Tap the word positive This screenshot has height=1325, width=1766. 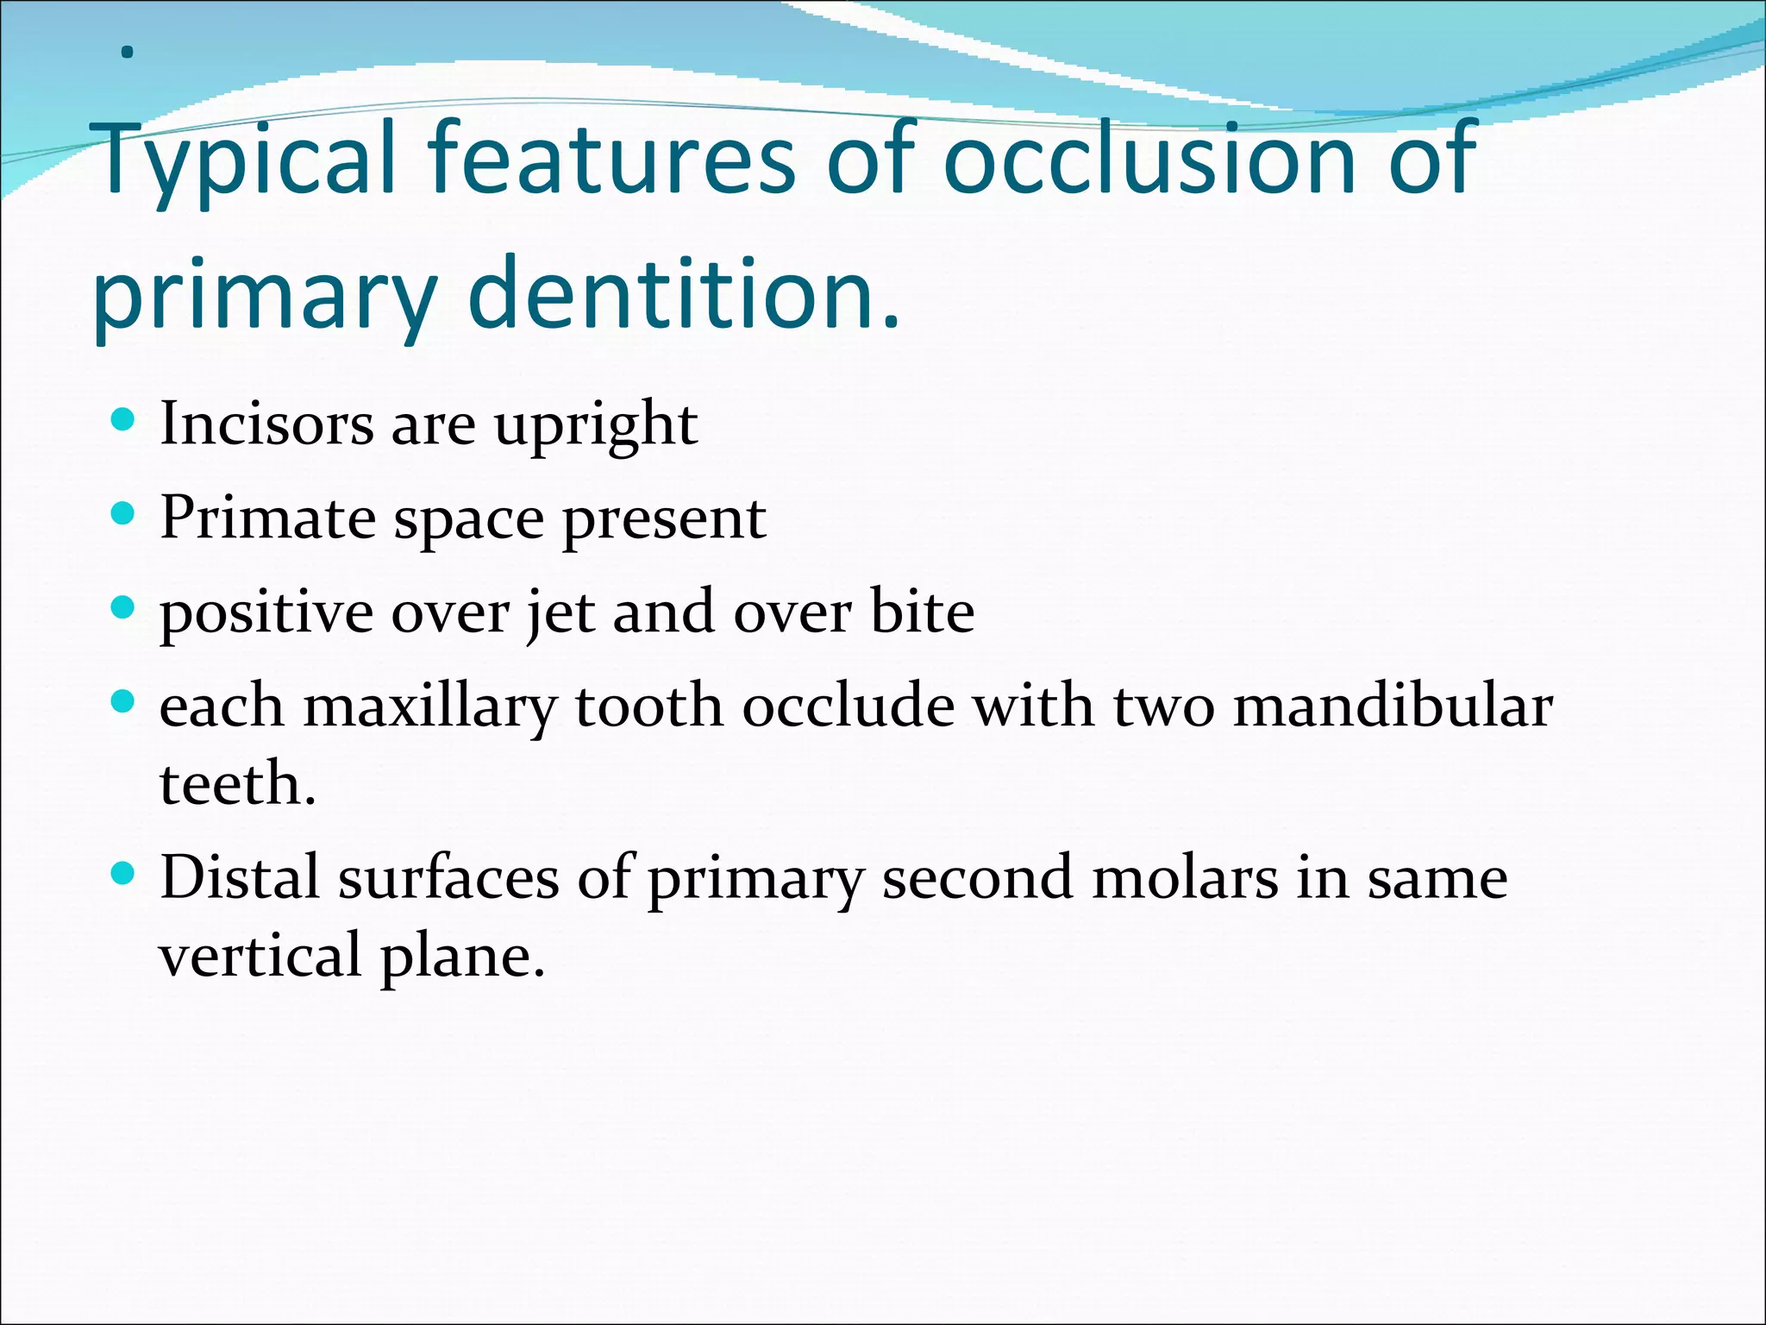(x=266, y=612)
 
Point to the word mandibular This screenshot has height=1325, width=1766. (x=1393, y=706)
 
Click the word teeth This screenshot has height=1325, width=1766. (x=237, y=784)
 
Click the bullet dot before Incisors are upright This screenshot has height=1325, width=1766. (x=124, y=420)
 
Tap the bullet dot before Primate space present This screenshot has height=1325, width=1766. (x=124, y=515)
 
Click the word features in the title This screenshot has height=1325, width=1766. (x=611, y=160)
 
